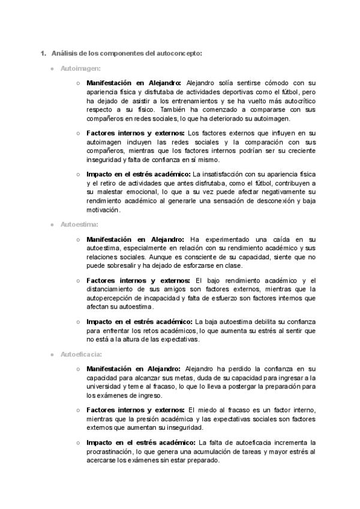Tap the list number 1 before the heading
[x=42, y=53]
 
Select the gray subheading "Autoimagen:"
[x=80, y=69]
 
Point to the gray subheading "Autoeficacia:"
[x=81, y=354]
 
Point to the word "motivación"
[x=103, y=210]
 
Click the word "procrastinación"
[x=116, y=451]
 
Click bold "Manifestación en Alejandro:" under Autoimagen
[x=134, y=83]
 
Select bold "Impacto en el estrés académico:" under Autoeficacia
[x=140, y=442]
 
